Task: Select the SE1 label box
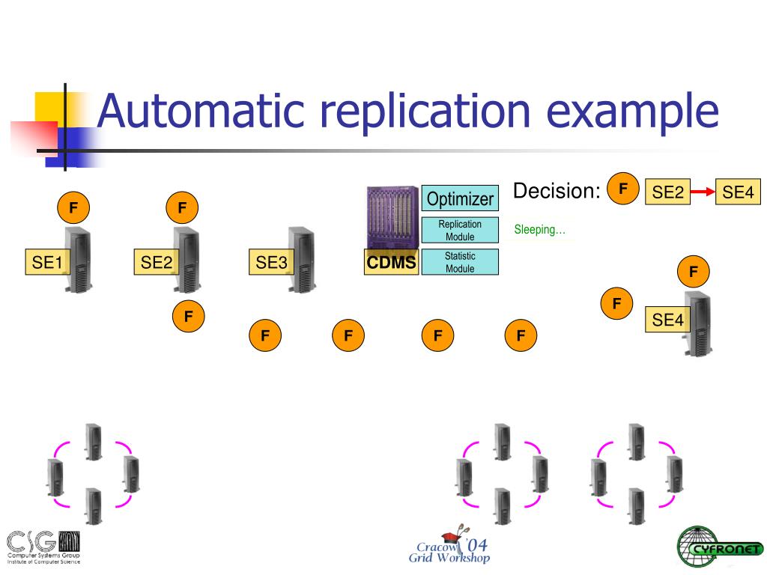pyautogui.click(x=46, y=263)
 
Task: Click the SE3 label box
pyautogui.click(x=271, y=263)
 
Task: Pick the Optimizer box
pyautogui.click(x=460, y=198)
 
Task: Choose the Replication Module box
pyautogui.click(x=460, y=231)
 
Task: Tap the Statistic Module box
pyautogui.click(x=460, y=262)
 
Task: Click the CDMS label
pyautogui.click(x=391, y=263)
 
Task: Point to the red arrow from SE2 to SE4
pyautogui.click(x=703, y=192)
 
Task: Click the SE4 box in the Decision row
pyautogui.click(x=738, y=192)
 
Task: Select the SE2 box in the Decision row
pyautogui.click(x=668, y=192)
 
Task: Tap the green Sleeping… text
pyautogui.click(x=539, y=230)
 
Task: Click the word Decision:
pyautogui.click(x=557, y=192)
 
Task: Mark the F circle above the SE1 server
pyautogui.click(x=73, y=207)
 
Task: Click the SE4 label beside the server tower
pyautogui.click(x=668, y=320)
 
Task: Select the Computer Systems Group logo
pyautogui.click(x=43, y=547)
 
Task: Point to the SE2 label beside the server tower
pyautogui.click(x=157, y=263)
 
